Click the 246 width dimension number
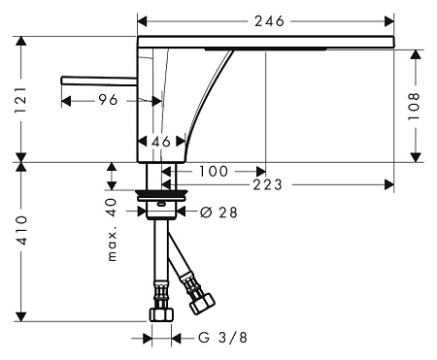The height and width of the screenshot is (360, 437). pyautogui.click(x=269, y=21)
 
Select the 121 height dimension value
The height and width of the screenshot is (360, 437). pyautogui.click(x=21, y=100)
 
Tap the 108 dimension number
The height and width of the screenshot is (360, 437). pyautogui.click(x=414, y=106)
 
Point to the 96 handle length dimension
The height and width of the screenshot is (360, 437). pyautogui.click(x=108, y=100)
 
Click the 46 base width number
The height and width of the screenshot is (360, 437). pyautogui.click(x=161, y=142)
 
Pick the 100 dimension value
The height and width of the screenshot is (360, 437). pyautogui.click(x=214, y=171)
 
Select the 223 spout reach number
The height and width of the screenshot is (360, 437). pyautogui.click(x=268, y=185)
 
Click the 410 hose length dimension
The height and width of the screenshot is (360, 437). pyautogui.click(x=21, y=231)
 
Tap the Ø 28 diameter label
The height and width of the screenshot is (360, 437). pyautogui.click(x=219, y=213)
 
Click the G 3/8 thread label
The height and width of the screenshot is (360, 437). pyautogui.click(x=222, y=338)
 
